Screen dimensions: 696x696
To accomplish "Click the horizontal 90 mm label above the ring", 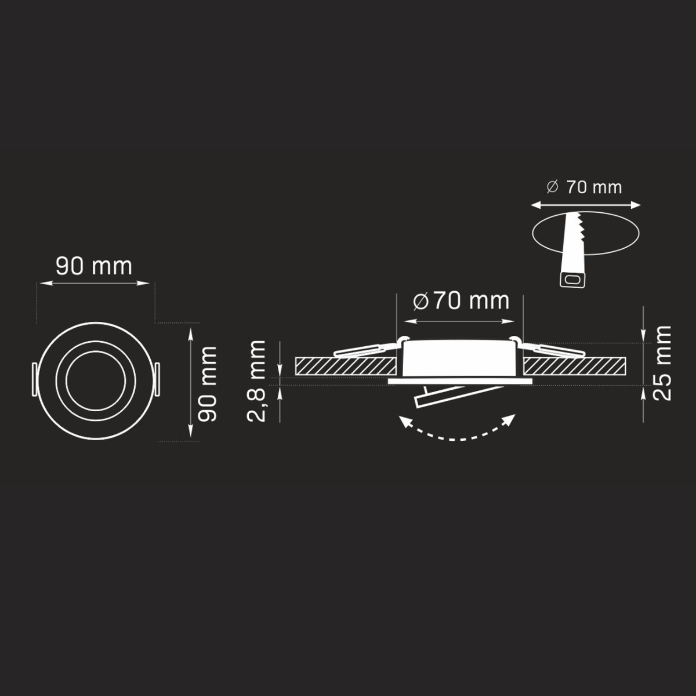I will point(94,266).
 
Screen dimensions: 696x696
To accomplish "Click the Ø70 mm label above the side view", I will point(461,301).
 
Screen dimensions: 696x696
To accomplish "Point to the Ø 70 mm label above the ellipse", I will point(584,187).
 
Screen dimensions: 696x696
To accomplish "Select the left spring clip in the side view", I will point(365,349).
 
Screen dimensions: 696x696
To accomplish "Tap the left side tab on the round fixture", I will point(34,381).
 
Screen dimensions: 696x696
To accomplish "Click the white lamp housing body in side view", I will point(459,358).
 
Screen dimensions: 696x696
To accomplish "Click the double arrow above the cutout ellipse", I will point(586,205).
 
